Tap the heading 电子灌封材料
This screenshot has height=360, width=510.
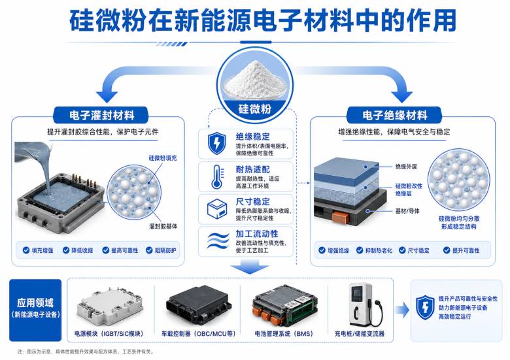pyautogui.click(x=101, y=116)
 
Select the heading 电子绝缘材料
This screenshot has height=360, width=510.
pyautogui.click(x=394, y=116)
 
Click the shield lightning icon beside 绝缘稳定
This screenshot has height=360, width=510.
pyautogui.click(x=216, y=143)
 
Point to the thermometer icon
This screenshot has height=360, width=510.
pyautogui.click(x=217, y=177)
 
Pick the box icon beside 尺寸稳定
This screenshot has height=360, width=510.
pyautogui.click(x=217, y=209)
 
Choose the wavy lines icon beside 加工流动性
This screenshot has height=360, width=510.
pyautogui.click(x=218, y=241)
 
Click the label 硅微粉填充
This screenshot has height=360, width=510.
pyautogui.click(x=163, y=158)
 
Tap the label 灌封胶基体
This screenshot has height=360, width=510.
pyautogui.click(x=163, y=226)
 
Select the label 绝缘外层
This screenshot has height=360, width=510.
pyautogui.click(x=406, y=167)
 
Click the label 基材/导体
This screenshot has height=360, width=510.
pyautogui.click(x=407, y=211)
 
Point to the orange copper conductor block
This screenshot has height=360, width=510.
pyautogui.click(x=341, y=216)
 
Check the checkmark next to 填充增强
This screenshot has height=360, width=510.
pyautogui.click(x=26, y=250)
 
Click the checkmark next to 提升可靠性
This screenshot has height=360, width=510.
pyautogui.click(x=447, y=250)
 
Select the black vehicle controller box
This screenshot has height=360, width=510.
pyautogui.click(x=199, y=305)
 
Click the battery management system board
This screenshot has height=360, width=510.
pyautogui.click(x=284, y=305)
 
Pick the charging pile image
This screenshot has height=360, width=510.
pyautogui.click(x=365, y=304)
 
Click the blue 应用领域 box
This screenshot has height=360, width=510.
pyautogui.click(x=35, y=310)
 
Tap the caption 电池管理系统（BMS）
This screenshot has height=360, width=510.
pyautogui.click(x=284, y=334)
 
